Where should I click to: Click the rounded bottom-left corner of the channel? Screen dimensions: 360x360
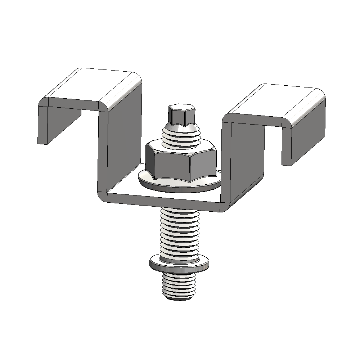tap(103, 196)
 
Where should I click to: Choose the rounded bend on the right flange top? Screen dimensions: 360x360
tap(306, 108)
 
